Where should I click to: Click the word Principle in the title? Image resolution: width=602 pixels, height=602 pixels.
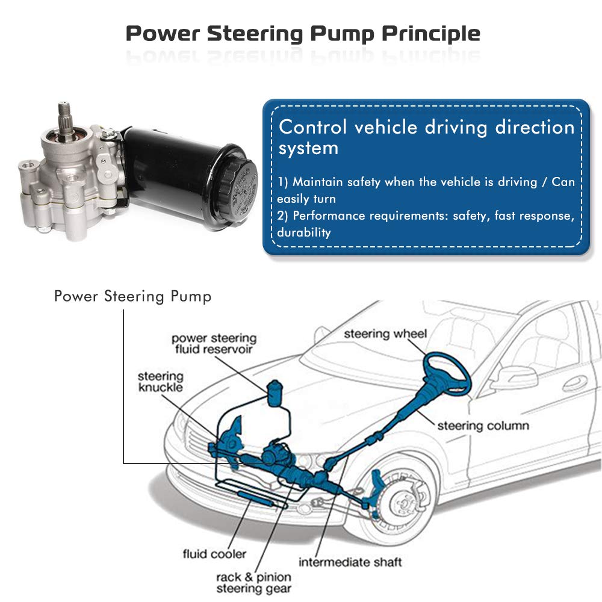coord(431,34)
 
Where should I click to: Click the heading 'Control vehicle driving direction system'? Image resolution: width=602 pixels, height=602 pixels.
coord(426,137)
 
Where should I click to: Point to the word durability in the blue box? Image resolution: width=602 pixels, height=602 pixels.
coord(304,233)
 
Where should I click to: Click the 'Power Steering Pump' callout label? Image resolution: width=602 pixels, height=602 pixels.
coord(132,297)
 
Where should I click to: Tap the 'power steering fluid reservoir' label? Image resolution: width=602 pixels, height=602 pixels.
coord(214,344)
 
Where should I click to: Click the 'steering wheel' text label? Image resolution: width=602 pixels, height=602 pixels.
coord(385,334)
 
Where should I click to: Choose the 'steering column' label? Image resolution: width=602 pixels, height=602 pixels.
coord(483,426)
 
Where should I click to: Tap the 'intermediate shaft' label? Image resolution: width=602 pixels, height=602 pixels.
coord(350,563)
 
